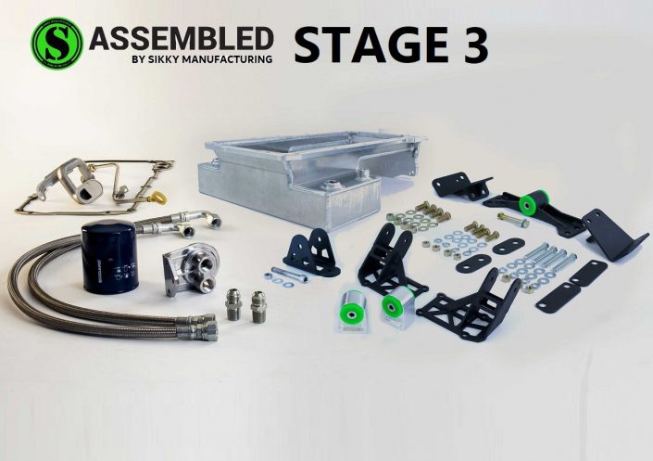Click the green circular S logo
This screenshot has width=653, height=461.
(57, 42)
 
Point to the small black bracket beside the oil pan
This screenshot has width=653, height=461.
(310, 252)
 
